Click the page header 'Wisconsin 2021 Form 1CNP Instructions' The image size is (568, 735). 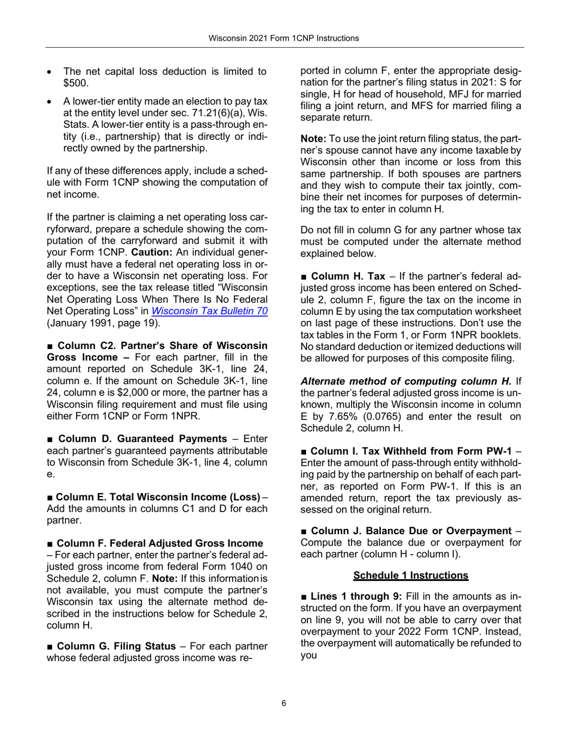point(283,38)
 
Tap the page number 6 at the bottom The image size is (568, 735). point(283,703)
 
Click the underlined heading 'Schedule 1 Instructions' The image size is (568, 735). point(411,575)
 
